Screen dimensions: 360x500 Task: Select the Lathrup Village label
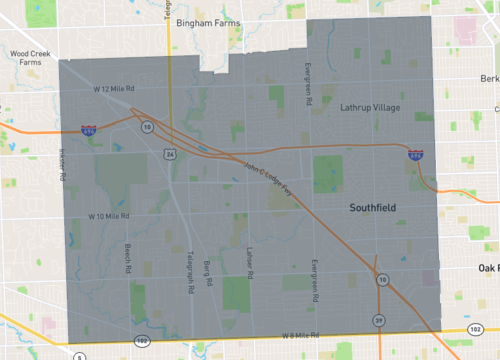pyautogui.click(x=369, y=106)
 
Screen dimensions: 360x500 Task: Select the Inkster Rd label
pyautogui.click(x=62, y=165)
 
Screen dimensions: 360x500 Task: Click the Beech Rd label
pyautogui.click(x=128, y=259)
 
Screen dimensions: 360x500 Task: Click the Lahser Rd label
pyautogui.click(x=249, y=259)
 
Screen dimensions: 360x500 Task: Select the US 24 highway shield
pyautogui.click(x=170, y=154)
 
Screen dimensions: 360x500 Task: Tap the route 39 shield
pyautogui.click(x=378, y=319)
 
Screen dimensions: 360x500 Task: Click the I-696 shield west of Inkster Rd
pyautogui.click(x=89, y=130)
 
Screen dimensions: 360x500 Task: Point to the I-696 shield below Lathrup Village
pyautogui.click(x=416, y=155)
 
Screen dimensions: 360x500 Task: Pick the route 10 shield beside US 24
pyautogui.click(x=147, y=127)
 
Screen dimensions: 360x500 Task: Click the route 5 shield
pyautogui.click(x=78, y=355)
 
